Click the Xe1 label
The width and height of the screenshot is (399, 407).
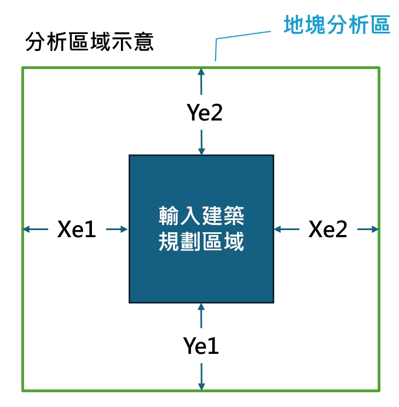click(x=77, y=230)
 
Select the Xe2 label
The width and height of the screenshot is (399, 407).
click(x=328, y=230)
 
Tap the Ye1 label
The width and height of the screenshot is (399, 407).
click(x=201, y=346)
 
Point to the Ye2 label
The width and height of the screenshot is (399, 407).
click(x=205, y=113)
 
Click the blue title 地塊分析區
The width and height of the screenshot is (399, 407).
click(x=337, y=25)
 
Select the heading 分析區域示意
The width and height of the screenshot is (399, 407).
click(x=90, y=42)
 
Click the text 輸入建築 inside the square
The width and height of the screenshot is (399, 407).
click(x=201, y=215)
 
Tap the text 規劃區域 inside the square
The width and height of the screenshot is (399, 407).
click(x=201, y=242)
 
